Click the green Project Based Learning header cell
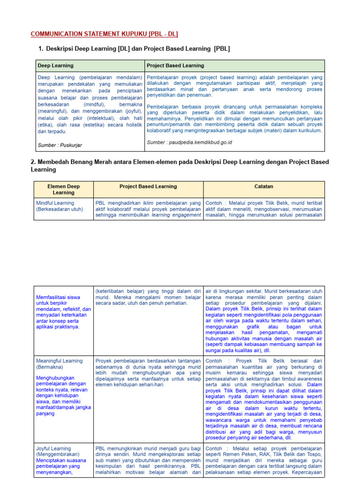(x=175, y=66)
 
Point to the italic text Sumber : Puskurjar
(x=60, y=145)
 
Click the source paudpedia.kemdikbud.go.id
(x=189, y=142)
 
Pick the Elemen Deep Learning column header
(x=64, y=189)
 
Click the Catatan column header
(x=263, y=186)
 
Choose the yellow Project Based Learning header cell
(x=148, y=186)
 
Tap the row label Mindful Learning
(x=55, y=203)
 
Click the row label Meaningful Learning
(x=60, y=361)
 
